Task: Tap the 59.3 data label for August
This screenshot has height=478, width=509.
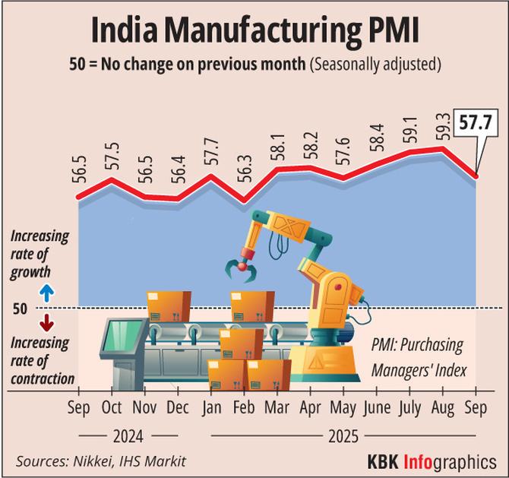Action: coord(441,128)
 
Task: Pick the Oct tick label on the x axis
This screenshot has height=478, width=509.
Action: coord(111,407)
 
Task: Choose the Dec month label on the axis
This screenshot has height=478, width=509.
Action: coord(177,407)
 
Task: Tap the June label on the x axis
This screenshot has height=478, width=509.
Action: coord(378,407)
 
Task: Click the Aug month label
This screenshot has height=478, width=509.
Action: coord(444,407)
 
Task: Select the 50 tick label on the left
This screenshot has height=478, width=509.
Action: coord(20,309)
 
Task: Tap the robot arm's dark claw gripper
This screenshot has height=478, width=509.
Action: coord(237,267)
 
